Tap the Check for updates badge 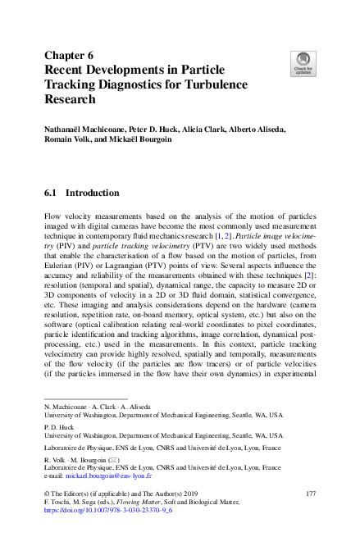click(x=303, y=62)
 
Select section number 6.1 click(x=51, y=193)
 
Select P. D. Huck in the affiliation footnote click(x=59, y=426)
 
